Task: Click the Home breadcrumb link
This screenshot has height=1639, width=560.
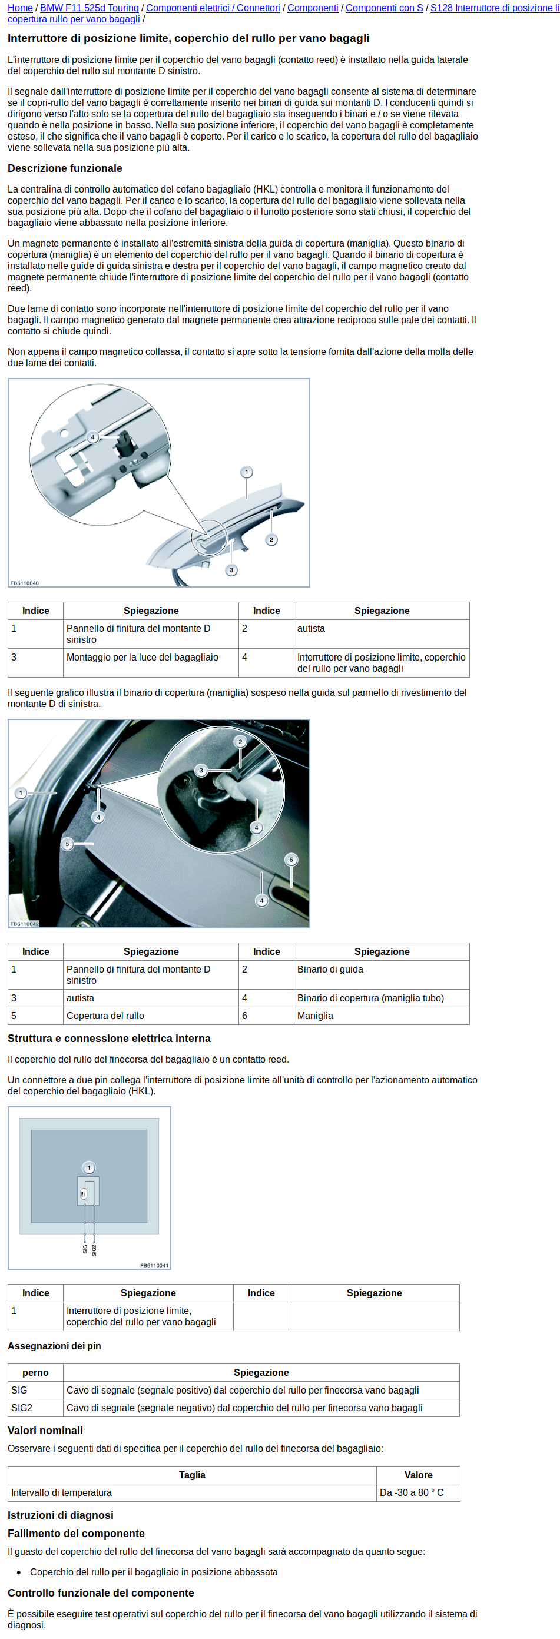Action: point(20,8)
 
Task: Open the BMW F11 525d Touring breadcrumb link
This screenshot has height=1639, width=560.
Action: point(89,8)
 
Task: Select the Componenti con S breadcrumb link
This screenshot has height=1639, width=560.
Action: point(384,8)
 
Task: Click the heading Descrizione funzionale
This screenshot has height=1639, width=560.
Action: point(65,168)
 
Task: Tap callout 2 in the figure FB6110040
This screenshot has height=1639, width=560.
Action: point(271,539)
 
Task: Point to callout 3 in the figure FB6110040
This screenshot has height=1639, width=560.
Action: point(231,570)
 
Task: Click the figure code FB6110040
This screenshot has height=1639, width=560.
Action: point(24,583)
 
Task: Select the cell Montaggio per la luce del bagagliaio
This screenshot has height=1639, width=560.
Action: point(142,657)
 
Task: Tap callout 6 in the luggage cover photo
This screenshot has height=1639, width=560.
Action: point(291,860)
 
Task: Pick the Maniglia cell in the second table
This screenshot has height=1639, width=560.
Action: point(315,1016)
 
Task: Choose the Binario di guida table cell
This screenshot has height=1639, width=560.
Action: point(330,969)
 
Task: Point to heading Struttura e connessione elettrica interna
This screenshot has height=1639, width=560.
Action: point(109,1039)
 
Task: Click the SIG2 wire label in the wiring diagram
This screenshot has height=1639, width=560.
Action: point(94,1250)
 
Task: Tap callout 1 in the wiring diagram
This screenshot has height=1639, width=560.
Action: point(89,1167)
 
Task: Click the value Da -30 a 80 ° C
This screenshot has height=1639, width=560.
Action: point(411,1492)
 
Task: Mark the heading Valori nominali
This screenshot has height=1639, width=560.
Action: point(45,1431)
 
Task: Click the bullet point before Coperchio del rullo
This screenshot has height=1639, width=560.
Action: point(19,1572)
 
